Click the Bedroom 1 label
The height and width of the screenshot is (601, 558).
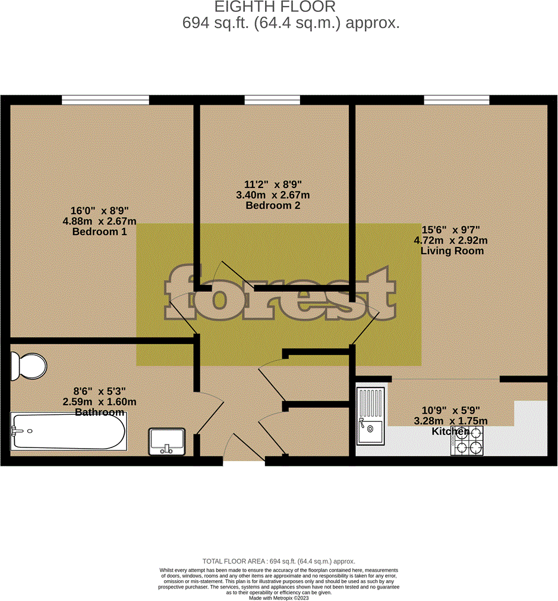point(99,231)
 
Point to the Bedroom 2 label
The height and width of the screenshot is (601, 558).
point(273,205)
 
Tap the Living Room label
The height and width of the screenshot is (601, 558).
point(452,251)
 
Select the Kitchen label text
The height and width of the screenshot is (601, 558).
point(450,431)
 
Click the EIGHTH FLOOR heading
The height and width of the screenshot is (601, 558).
point(275,7)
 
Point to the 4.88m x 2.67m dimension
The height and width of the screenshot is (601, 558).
point(99,221)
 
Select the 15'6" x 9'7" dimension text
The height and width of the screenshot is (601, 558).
point(451,230)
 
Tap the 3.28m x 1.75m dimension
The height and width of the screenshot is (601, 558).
point(450,421)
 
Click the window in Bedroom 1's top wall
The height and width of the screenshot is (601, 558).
point(105,99)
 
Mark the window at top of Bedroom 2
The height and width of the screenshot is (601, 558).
point(272,99)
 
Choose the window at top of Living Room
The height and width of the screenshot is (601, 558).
point(456,99)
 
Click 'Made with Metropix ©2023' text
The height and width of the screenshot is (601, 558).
point(278,597)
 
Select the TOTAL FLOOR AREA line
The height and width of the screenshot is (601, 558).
point(278,561)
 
